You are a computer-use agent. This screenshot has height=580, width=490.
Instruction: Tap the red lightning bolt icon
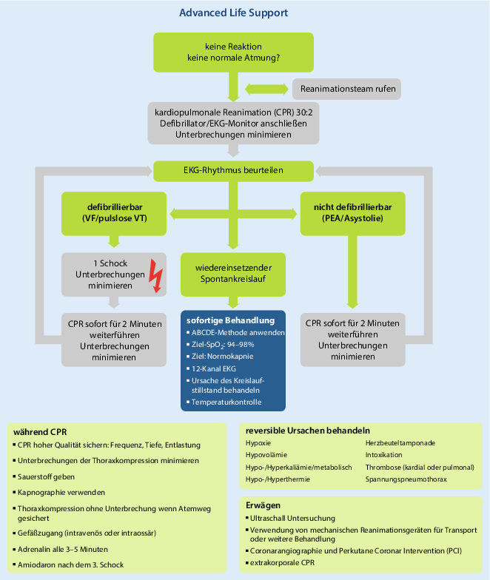155,276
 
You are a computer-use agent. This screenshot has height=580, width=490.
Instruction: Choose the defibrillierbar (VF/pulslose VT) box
114,212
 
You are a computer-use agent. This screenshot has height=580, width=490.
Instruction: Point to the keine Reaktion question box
233,53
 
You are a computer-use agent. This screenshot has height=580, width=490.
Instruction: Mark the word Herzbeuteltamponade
400,442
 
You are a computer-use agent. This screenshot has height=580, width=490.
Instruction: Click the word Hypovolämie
266,455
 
